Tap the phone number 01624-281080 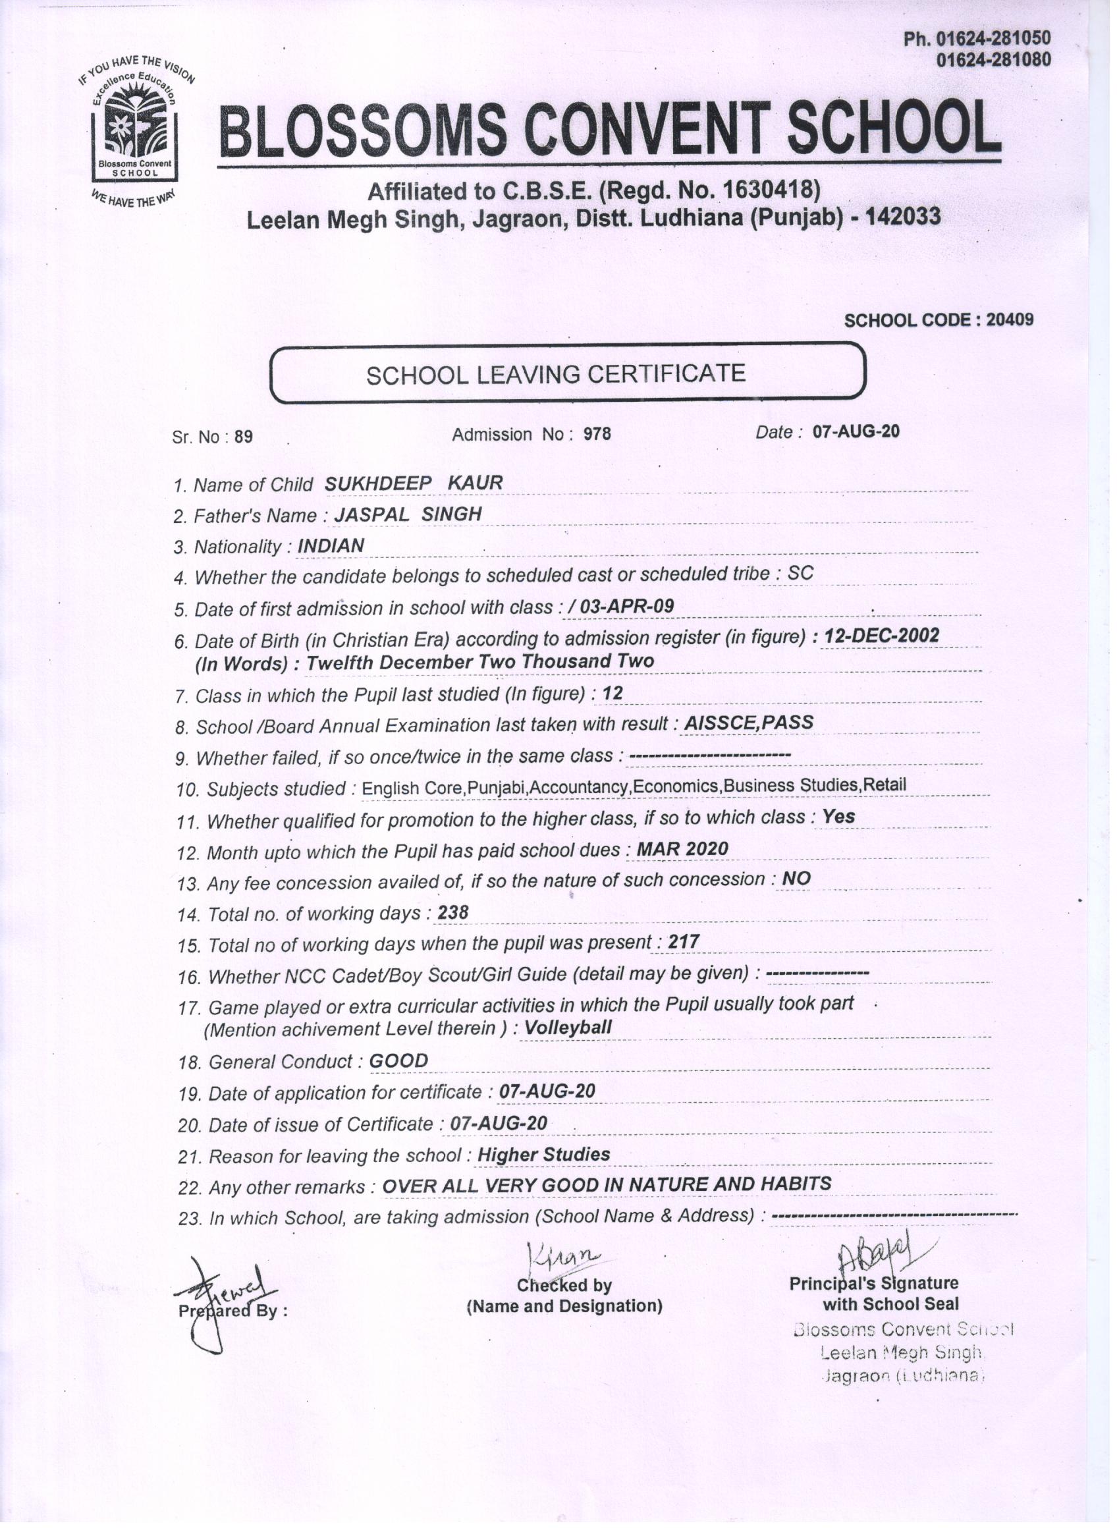tap(993, 61)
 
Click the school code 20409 tap(1009, 320)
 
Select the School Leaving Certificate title tap(555, 374)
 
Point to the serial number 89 tap(243, 437)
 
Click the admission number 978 tap(597, 434)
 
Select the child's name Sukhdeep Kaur tap(414, 483)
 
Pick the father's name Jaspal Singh tap(408, 514)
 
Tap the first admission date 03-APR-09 tap(626, 607)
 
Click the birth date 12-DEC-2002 tap(881, 636)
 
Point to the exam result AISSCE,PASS tap(748, 723)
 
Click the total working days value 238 tap(453, 912)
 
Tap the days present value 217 tap(683, 942)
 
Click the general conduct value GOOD tap(398, 1060)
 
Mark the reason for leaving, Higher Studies tap(544, 1154)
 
